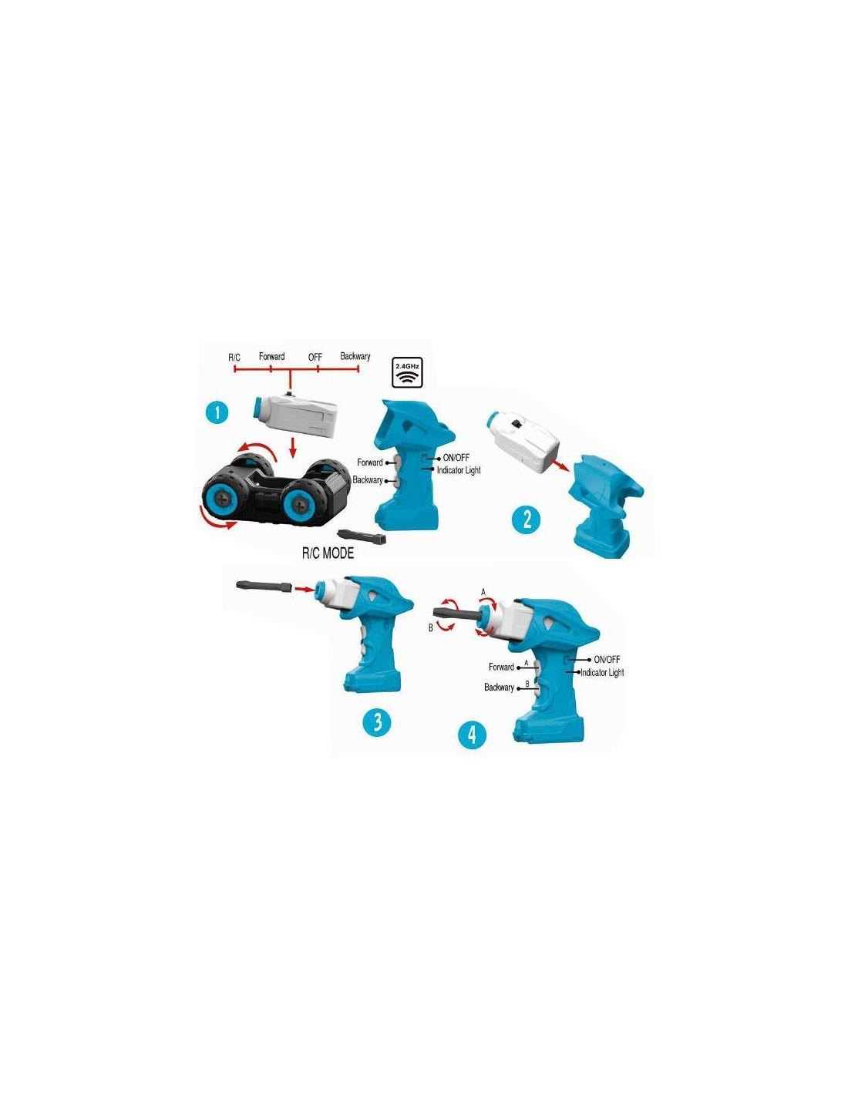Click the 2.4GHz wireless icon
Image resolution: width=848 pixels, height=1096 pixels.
tap(408, 372)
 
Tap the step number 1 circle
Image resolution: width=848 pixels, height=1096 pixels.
tap(217, 413)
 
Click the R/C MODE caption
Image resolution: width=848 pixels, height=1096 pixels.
tap(328, 553)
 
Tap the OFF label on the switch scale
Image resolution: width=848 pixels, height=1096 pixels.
tap(315, 357)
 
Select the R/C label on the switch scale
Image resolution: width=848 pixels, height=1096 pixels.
tap(234, 358)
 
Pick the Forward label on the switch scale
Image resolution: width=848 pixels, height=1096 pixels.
tap(271, 356)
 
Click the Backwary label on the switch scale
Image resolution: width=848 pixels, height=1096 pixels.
tap(355, 356)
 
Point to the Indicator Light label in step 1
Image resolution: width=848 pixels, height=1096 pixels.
tap(459, 470)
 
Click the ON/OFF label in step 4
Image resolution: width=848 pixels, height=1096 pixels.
tap(607, 659)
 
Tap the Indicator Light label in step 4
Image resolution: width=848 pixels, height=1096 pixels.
tap(602, 672)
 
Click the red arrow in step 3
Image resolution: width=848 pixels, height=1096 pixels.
tap(304, 588)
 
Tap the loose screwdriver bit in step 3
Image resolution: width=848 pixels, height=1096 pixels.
tap(264, 586)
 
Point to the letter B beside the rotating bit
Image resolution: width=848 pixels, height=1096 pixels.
tap(431, 628)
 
